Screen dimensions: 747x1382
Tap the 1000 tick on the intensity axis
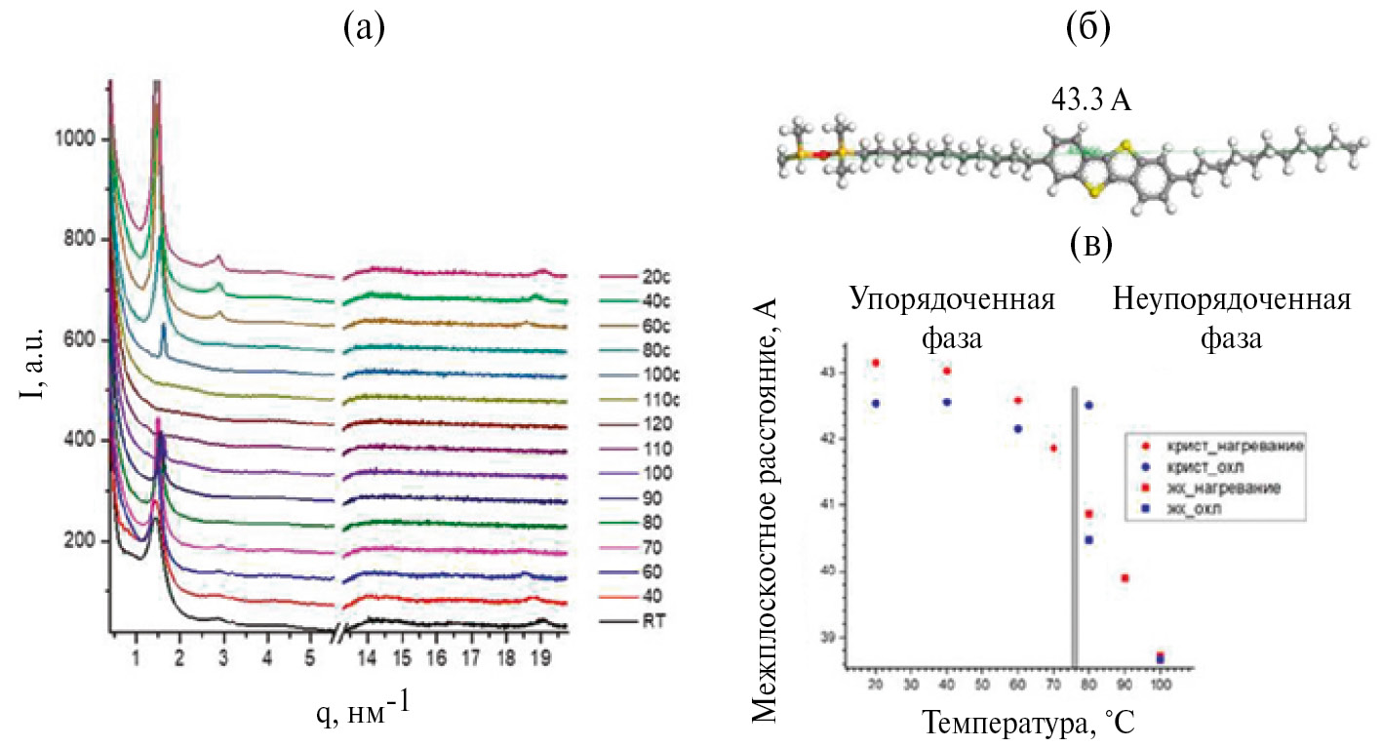click(74, 140)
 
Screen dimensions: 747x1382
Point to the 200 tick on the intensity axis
click(78, 541)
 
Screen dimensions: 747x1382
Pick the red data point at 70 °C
click(1053, 449)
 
